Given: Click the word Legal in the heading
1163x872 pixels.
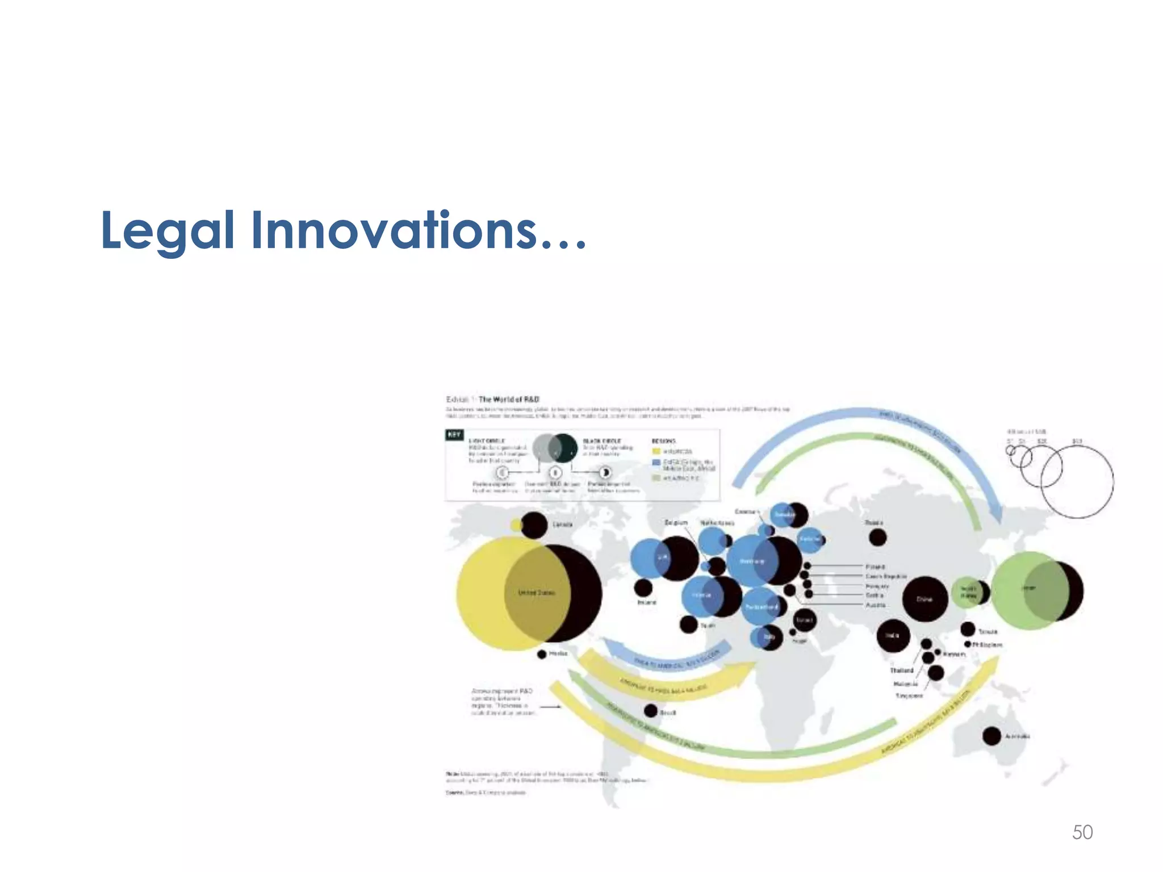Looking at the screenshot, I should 167,230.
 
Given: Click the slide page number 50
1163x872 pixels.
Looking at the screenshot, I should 1082,832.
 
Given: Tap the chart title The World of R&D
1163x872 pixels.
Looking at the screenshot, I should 509,399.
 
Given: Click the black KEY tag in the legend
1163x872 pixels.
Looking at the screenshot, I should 454,435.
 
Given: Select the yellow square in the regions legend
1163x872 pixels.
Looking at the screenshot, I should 656,451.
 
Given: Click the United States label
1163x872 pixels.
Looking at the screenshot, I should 537,593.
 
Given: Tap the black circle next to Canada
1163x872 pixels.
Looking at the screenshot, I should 534,525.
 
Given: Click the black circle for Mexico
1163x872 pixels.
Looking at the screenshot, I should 542,655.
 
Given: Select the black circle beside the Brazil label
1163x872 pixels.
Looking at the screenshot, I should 651,711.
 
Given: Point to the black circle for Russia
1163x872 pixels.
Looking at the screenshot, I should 878,537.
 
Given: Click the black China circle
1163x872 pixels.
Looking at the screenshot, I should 925,599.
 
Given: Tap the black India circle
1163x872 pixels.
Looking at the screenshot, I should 893,636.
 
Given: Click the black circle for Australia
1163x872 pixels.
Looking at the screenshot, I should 992,736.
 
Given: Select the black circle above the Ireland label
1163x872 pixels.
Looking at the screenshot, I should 643,588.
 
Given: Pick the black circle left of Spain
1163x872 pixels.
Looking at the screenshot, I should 689,624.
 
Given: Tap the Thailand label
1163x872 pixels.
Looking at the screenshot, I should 902,670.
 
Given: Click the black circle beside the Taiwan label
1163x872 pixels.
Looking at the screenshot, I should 968,629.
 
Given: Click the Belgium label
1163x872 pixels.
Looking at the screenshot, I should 676,522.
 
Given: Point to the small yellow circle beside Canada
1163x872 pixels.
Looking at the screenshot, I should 516,525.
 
